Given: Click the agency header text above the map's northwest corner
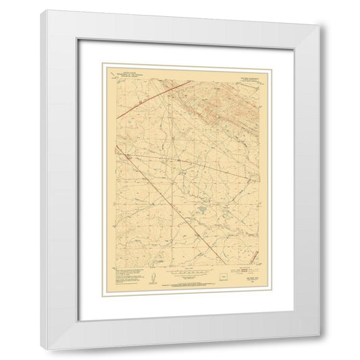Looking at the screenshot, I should [x=128, y=70].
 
